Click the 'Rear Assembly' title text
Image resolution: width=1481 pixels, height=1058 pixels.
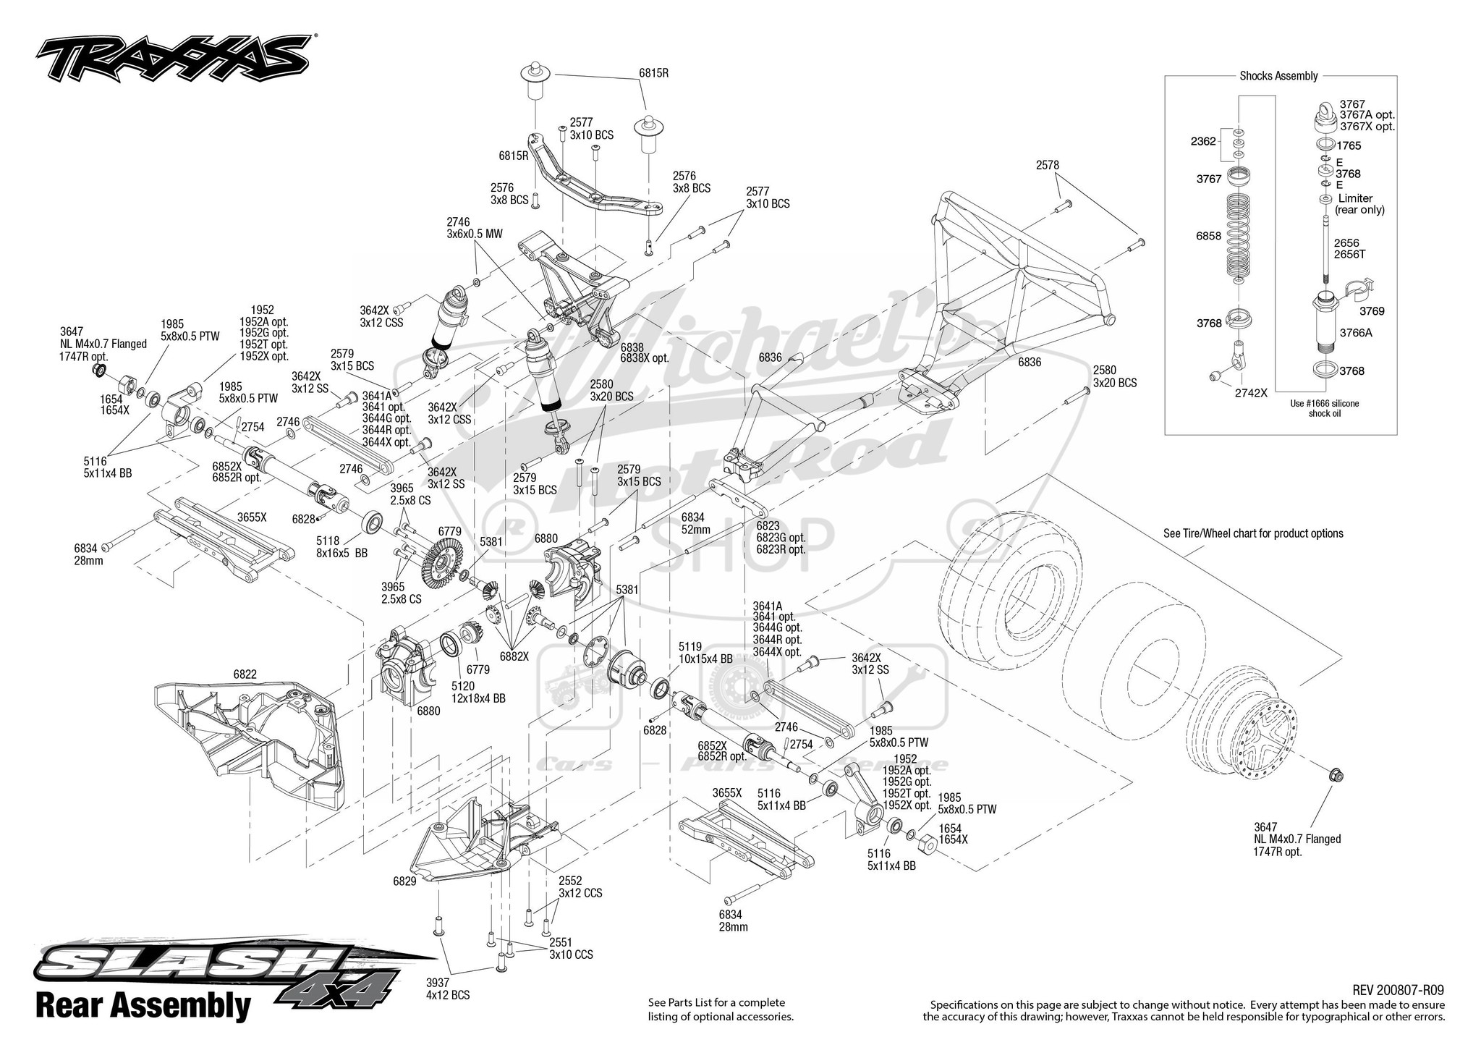[x=143, y=1006]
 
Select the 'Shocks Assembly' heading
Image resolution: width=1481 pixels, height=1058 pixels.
[x=1278, y=76]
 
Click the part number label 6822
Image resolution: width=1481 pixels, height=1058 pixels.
[x=245, y=674]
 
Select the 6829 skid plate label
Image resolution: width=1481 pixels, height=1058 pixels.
[x=404, y=881]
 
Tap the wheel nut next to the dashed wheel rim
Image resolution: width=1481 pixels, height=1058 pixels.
[x=1336, y=776]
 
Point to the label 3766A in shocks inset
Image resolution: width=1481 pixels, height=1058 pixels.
[x=1355, y=334]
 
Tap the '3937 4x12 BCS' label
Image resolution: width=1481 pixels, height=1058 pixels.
[x=447, y=989]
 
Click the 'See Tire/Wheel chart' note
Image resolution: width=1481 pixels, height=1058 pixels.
[x=1252, y=533]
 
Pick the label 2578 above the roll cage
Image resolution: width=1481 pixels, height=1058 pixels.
[x=1047, y=165]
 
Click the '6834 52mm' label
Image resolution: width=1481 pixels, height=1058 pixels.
[x=695, y=523]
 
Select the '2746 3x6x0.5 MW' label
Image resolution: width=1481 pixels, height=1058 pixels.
[x=474, y=228]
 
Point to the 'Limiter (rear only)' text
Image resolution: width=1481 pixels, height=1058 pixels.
[x=1361, y=204]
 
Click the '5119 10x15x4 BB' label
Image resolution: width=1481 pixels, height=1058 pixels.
[x=705, y=653]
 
